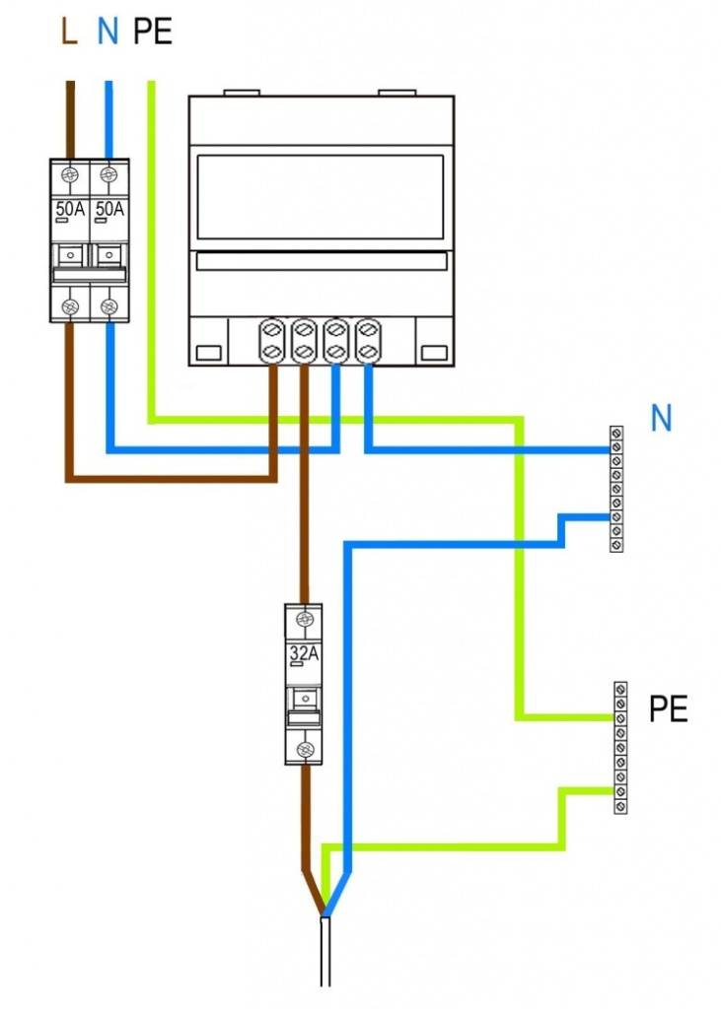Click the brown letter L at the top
69,33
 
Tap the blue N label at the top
108,33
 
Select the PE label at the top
152,33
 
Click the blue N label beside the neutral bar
661,419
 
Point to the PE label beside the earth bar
668,708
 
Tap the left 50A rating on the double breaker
70,209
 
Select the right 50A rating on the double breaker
109,209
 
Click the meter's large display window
321,197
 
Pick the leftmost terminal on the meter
270,340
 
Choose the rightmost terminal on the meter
367,340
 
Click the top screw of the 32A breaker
305,619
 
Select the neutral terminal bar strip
616,489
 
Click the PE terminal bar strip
619,746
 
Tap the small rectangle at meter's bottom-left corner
208,352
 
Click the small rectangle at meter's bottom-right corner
433,352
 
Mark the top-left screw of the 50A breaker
70,174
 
